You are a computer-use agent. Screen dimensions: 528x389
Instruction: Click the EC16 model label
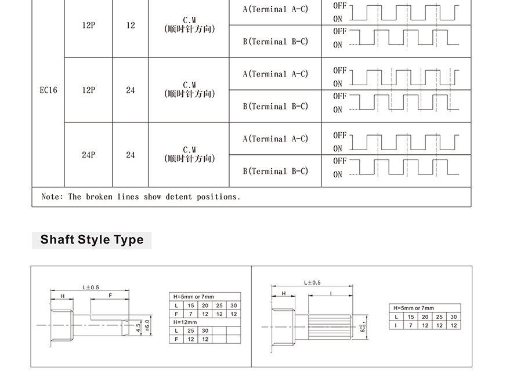pos(49,90)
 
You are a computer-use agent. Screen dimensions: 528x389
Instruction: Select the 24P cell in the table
pos(89,155)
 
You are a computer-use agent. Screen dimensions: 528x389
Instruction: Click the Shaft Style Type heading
pos(92,239)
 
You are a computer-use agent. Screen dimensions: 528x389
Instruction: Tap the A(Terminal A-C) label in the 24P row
pos(275,139)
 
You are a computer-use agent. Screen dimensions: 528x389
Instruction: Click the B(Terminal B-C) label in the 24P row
pos(275,171)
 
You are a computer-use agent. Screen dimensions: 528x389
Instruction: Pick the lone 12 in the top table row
pos(131,26)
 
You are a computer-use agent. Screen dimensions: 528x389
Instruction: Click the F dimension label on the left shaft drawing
pos(110,295)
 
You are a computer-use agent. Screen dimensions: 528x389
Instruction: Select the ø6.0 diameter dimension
pos(147,325)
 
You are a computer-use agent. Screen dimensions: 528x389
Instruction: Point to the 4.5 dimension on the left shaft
pos(138,328)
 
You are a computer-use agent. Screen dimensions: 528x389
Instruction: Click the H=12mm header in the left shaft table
pos(185,322)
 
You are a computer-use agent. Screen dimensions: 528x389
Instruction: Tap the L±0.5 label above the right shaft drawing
pos(312,283)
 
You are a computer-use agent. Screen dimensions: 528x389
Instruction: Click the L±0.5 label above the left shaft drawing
pos(91,288)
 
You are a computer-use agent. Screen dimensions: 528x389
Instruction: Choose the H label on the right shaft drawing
pos(284,293)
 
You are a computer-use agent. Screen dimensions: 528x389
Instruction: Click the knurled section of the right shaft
pos(330,327)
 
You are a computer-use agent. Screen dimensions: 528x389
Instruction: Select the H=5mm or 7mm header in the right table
pos(414,308)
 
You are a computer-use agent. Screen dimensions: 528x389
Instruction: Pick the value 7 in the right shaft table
pos(411,325)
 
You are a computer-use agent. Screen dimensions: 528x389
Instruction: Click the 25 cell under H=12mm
pos(191,331)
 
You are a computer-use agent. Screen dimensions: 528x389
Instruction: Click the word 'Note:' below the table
pos(52,197)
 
